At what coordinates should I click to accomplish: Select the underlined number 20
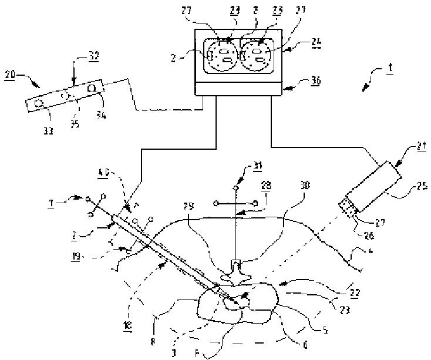9,76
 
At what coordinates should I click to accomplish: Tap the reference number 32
93,57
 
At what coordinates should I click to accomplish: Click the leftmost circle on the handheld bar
39,103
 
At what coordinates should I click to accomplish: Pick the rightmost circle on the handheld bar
92,88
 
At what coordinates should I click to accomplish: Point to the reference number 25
421,188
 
